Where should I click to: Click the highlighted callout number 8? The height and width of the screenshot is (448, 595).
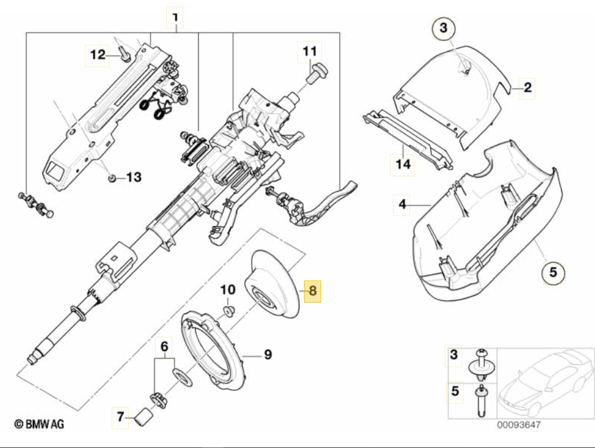click(312, 290)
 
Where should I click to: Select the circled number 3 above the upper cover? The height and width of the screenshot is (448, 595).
click(444, 28)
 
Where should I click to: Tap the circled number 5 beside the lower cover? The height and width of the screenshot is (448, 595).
click(552, 272)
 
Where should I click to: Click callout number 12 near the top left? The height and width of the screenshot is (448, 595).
click(97, 55)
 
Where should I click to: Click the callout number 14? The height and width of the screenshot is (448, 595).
click(403, 164)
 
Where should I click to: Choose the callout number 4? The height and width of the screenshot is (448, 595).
click(402, 205)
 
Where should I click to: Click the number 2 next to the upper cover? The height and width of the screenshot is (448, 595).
click(527, 88)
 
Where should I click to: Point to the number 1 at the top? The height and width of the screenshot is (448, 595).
click(175, 19)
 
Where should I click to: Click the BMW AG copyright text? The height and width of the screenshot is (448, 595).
click(39, 424)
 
